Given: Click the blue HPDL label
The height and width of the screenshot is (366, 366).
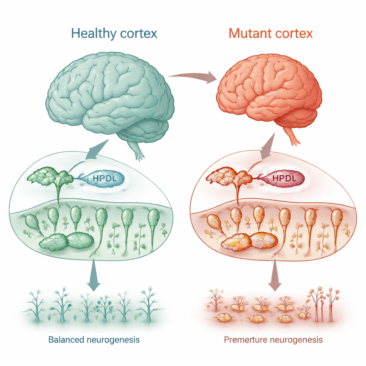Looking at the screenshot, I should click(x=104, y=178).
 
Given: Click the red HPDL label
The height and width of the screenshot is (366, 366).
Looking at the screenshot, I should click(x=285, y=178).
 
